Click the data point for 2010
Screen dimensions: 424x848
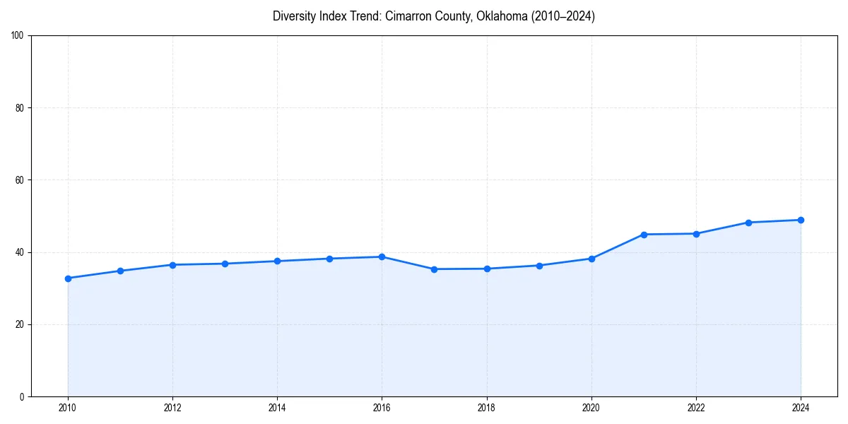click(68, 278)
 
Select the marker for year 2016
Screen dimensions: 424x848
click(382, 257)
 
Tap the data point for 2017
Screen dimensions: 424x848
click(434, 269)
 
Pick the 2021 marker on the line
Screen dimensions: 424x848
click(644, 235)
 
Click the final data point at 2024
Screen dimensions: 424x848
click(801, 220)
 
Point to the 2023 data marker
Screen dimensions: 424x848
click(748, 223)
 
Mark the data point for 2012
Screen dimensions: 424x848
click(172, 265)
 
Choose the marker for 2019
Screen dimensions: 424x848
click(539, 266)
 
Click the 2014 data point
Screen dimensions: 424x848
click(277, 261)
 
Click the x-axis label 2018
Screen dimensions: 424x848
click(486, 408)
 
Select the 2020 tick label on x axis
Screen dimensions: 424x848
click(591, 408)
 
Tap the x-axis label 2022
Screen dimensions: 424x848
click(696, 408)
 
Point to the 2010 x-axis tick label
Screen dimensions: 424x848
click(68, 408)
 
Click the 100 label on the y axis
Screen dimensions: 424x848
click(18, 35)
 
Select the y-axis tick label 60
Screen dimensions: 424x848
click(20, 180)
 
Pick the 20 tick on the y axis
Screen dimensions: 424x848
click(20, 324)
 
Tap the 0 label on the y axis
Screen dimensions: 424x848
click(22, 396)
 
